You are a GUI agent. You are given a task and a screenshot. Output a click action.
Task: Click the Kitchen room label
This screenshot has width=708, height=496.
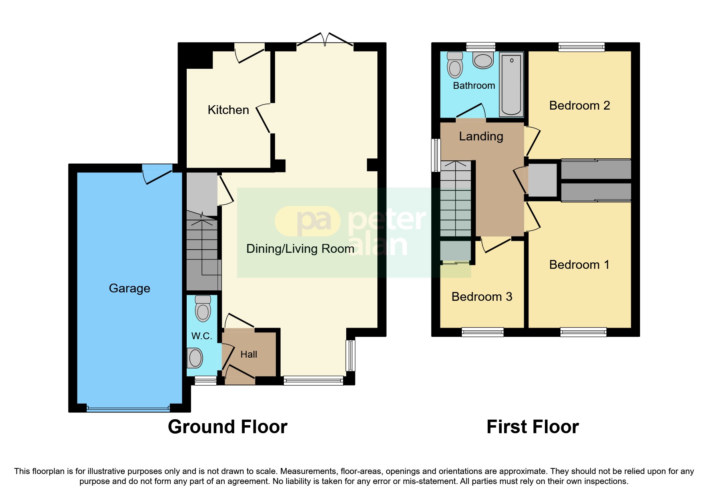(228, 110)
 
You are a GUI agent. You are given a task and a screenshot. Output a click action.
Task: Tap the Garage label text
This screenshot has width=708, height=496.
(130, 288)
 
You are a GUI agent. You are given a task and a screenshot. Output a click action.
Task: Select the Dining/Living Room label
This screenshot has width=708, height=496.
(300, 249)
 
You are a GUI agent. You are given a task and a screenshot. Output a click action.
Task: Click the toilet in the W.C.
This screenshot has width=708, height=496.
(203, 308)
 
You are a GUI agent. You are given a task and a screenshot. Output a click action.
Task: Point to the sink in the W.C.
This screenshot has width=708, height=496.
(195, 358)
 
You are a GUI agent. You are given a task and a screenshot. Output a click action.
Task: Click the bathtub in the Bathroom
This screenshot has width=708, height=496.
(511, 85)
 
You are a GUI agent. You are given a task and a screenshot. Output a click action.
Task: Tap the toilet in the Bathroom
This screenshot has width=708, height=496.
(455, 64)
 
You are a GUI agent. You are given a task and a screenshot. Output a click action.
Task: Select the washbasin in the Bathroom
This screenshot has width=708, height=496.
(483, 60)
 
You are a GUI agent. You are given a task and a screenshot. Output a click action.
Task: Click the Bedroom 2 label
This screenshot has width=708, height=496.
(579, 106)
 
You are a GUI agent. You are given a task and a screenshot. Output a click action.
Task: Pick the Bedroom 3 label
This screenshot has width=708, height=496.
(482, 297)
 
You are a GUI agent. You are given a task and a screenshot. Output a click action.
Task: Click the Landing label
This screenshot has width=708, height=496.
(481, 136)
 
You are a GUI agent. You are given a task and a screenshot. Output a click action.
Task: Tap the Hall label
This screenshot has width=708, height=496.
(249, 354)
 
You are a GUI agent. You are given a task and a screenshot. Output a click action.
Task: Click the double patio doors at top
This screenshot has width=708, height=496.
(325, 40)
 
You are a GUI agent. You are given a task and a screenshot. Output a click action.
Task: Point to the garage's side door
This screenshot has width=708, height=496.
(157, 174)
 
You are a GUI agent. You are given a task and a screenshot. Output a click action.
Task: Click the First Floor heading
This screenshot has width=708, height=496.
(532, 427)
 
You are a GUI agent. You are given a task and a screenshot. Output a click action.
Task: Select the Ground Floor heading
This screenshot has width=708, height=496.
(227, 427)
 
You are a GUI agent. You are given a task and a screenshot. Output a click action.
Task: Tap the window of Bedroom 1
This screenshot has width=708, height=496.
(583, 332)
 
